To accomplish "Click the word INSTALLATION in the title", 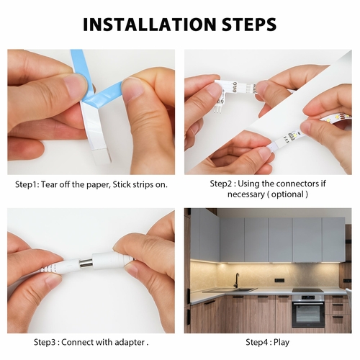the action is pos(150,24).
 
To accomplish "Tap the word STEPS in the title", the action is pos(249,24).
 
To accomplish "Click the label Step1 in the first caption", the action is pos(27,185).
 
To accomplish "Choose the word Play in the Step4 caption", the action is pos(282,342).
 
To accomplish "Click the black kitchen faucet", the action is pos(237,280).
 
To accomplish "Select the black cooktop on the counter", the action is pos(307,290).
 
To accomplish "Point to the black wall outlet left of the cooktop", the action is pos(277,280).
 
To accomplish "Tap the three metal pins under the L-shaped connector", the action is pos(218,109).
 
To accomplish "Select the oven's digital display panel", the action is pos(307,298).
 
